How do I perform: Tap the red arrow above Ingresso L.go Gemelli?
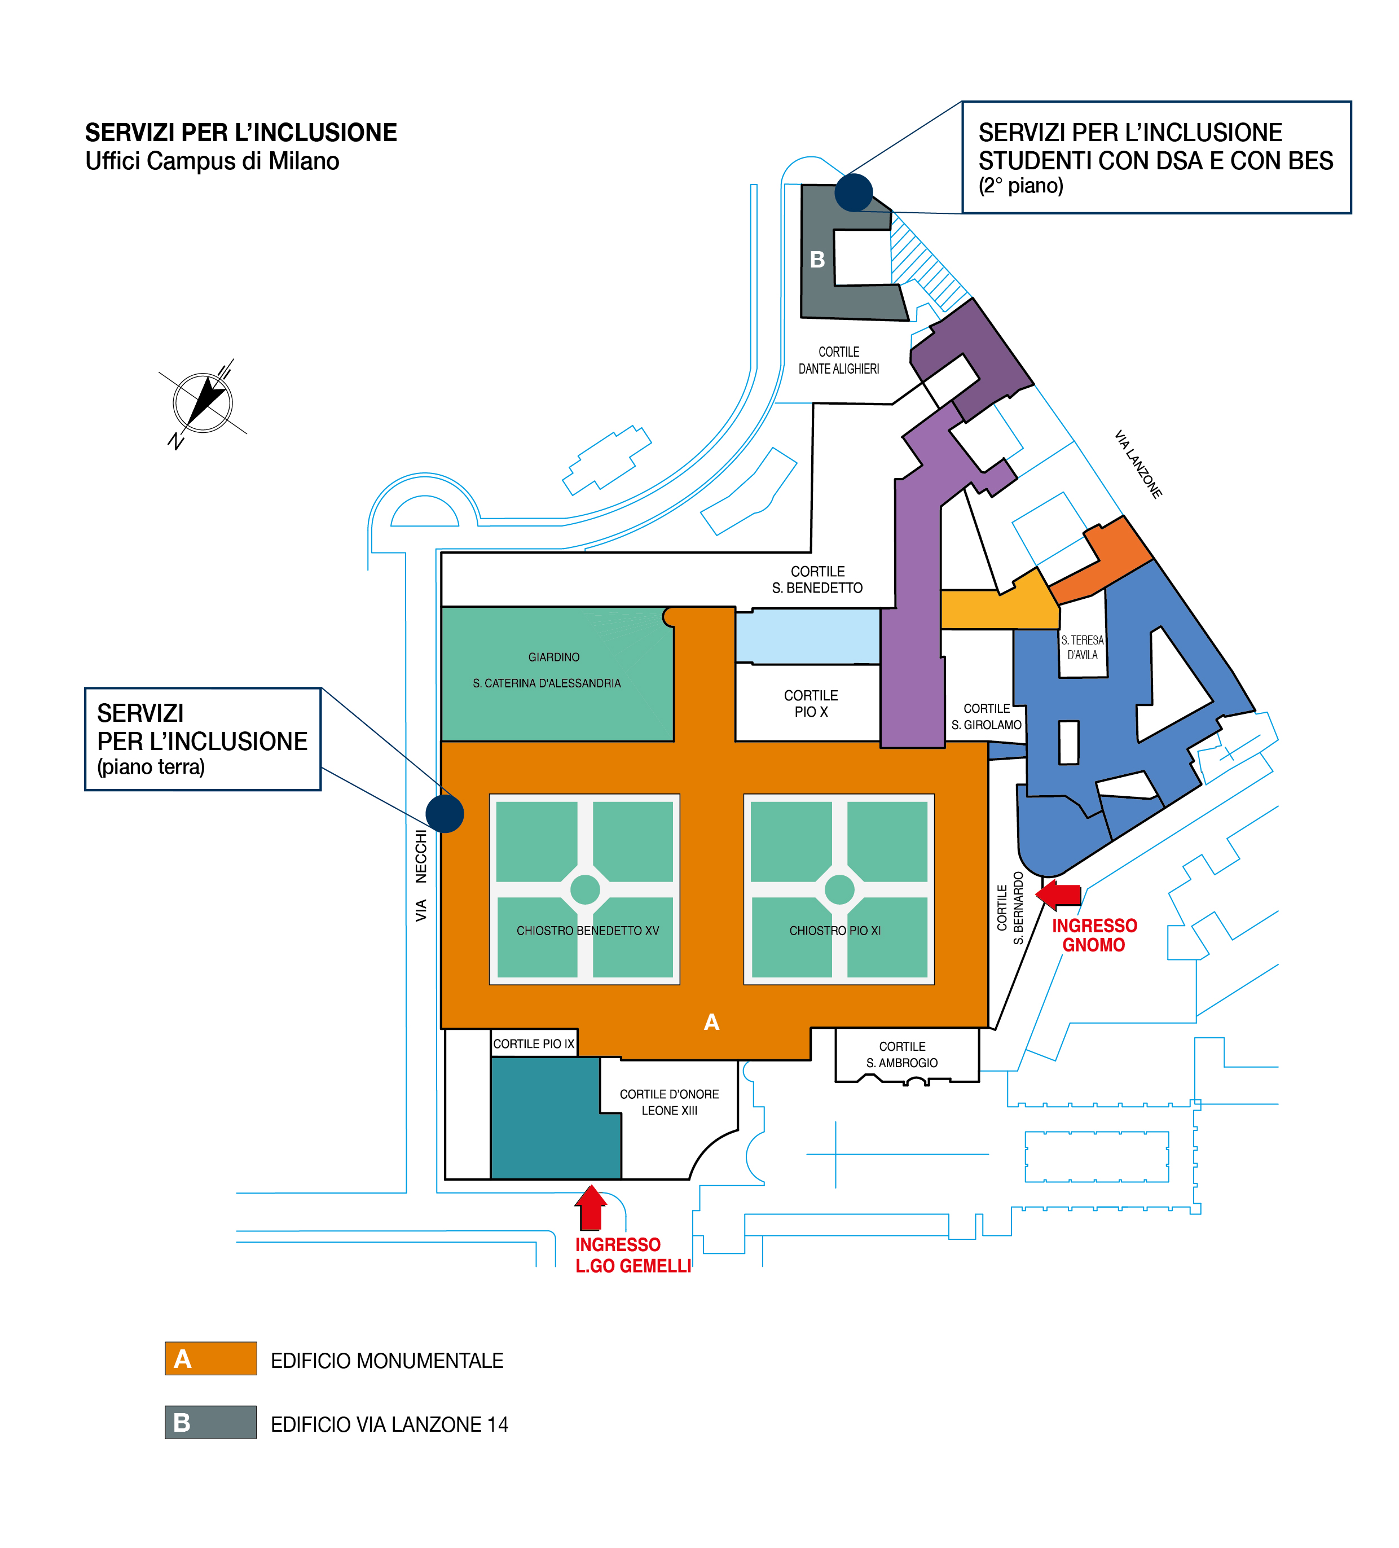(590, 1208)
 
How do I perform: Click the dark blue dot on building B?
(854, 192)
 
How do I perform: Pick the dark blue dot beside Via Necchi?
(445, 813)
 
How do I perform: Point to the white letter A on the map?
(711, 1022)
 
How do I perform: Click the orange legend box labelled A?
(210, 1358)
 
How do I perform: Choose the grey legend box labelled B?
(210, 1422)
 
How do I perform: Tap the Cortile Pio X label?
(811, 703)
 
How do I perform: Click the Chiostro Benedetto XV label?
(587, 931)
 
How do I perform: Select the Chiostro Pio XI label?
(835, 931)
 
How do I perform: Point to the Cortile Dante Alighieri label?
(838, 360)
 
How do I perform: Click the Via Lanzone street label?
(1137, 464)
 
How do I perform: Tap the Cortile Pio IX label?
(533, 1043)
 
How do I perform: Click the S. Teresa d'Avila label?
(1082, 647)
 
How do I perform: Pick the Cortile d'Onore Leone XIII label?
(669, 1102)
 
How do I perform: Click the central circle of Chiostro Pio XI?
(839, 889)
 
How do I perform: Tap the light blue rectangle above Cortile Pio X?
(807, 637)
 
